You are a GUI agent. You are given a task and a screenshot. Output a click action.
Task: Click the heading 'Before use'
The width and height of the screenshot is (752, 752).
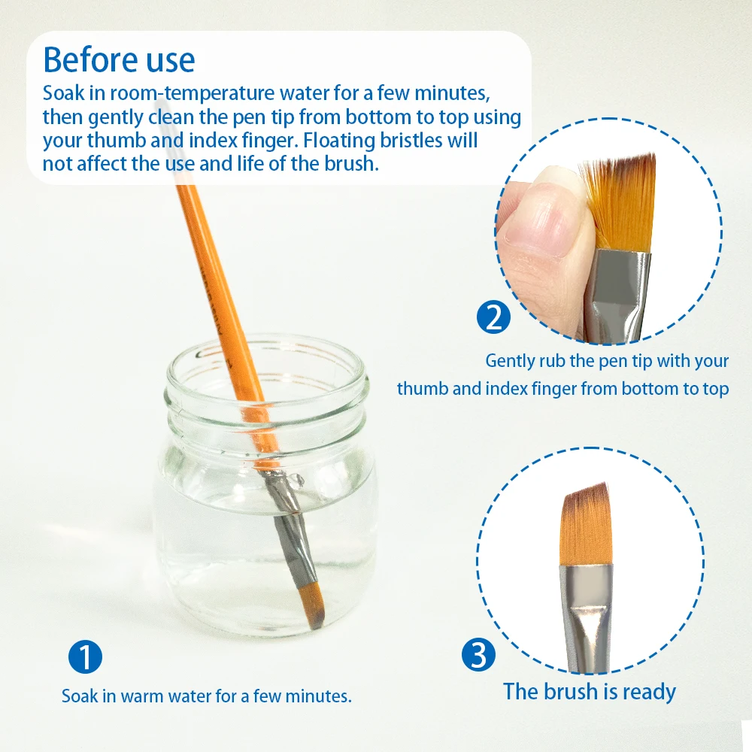[x=119, y=59]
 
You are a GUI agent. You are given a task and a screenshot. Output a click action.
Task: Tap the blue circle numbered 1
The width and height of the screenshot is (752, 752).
[x=85, y=657]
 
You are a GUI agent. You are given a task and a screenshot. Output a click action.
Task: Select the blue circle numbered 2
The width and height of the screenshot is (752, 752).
[x=493, y=317]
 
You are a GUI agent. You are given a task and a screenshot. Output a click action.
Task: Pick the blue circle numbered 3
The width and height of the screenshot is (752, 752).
[x=478, y=655]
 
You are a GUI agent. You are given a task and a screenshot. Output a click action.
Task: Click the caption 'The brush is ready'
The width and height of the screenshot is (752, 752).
[x=590, y=691]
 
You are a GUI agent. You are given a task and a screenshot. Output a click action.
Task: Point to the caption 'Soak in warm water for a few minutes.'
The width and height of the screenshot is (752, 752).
[x=207, y=696]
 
